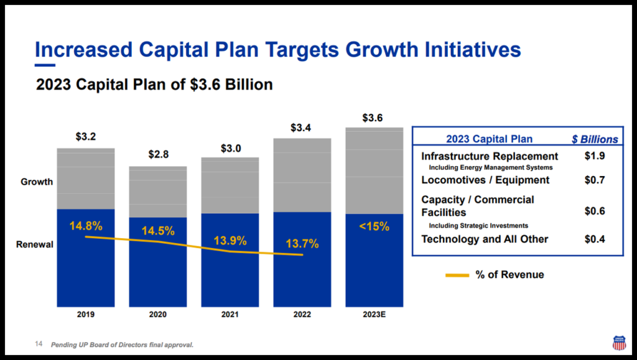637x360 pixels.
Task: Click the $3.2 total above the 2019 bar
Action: tap(86, 137)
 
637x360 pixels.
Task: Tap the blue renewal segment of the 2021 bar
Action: tap(230, 274)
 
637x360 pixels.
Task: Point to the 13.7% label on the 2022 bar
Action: tap(302, 244)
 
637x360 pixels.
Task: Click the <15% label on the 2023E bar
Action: tap(374, 227)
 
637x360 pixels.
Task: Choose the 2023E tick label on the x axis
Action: tap(374, 315)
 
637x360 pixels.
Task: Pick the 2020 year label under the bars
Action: tap(158, 315)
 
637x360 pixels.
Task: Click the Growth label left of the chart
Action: tap(37, 182)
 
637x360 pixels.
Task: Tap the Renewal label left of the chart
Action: tap(34, 244)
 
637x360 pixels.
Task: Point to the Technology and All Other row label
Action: tap(485, 239)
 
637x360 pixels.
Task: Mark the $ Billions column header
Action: tap(595, 139)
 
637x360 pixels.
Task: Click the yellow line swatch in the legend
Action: tap(457, 275)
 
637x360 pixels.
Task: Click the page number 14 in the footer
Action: tap(38, 344)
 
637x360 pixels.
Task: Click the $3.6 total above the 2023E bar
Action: tap(374, 118)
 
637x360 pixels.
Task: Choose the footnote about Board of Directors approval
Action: tap(122, 345)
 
